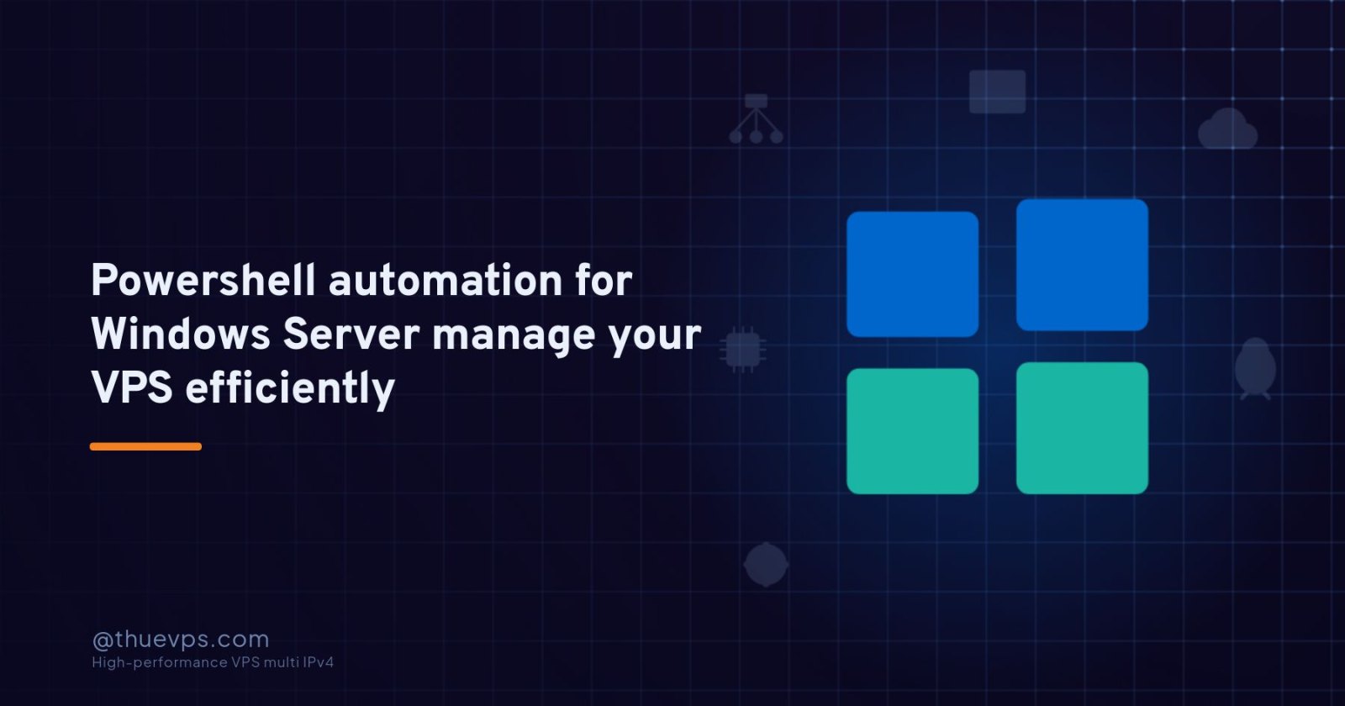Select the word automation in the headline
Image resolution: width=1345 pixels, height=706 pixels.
coord(446,281)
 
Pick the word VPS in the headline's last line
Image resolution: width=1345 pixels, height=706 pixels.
coord(131,387)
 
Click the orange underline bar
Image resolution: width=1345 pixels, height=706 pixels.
coord(146,446)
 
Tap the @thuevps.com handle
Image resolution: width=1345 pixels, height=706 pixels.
coord(181,640)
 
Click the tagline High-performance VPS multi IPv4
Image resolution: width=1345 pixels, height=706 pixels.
coord(213,662)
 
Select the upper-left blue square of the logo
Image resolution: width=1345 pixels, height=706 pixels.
coord(913,274)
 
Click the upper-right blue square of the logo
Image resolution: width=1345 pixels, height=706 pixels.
coord(1082,265)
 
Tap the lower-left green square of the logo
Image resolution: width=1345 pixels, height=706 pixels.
coord(913,431)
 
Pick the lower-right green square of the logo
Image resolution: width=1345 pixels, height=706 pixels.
coord(1082,428)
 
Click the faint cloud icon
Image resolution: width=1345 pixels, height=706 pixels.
coord(1227,129)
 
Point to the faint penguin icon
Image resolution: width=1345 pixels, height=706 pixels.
coord(1256,368)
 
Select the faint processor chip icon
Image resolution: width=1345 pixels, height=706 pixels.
coord(743,350)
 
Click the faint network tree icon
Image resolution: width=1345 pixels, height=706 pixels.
coord(756,119)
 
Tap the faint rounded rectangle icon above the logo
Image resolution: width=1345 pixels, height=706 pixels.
coord(997,92)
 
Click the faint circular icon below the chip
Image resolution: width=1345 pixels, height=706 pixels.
coord(766,564)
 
